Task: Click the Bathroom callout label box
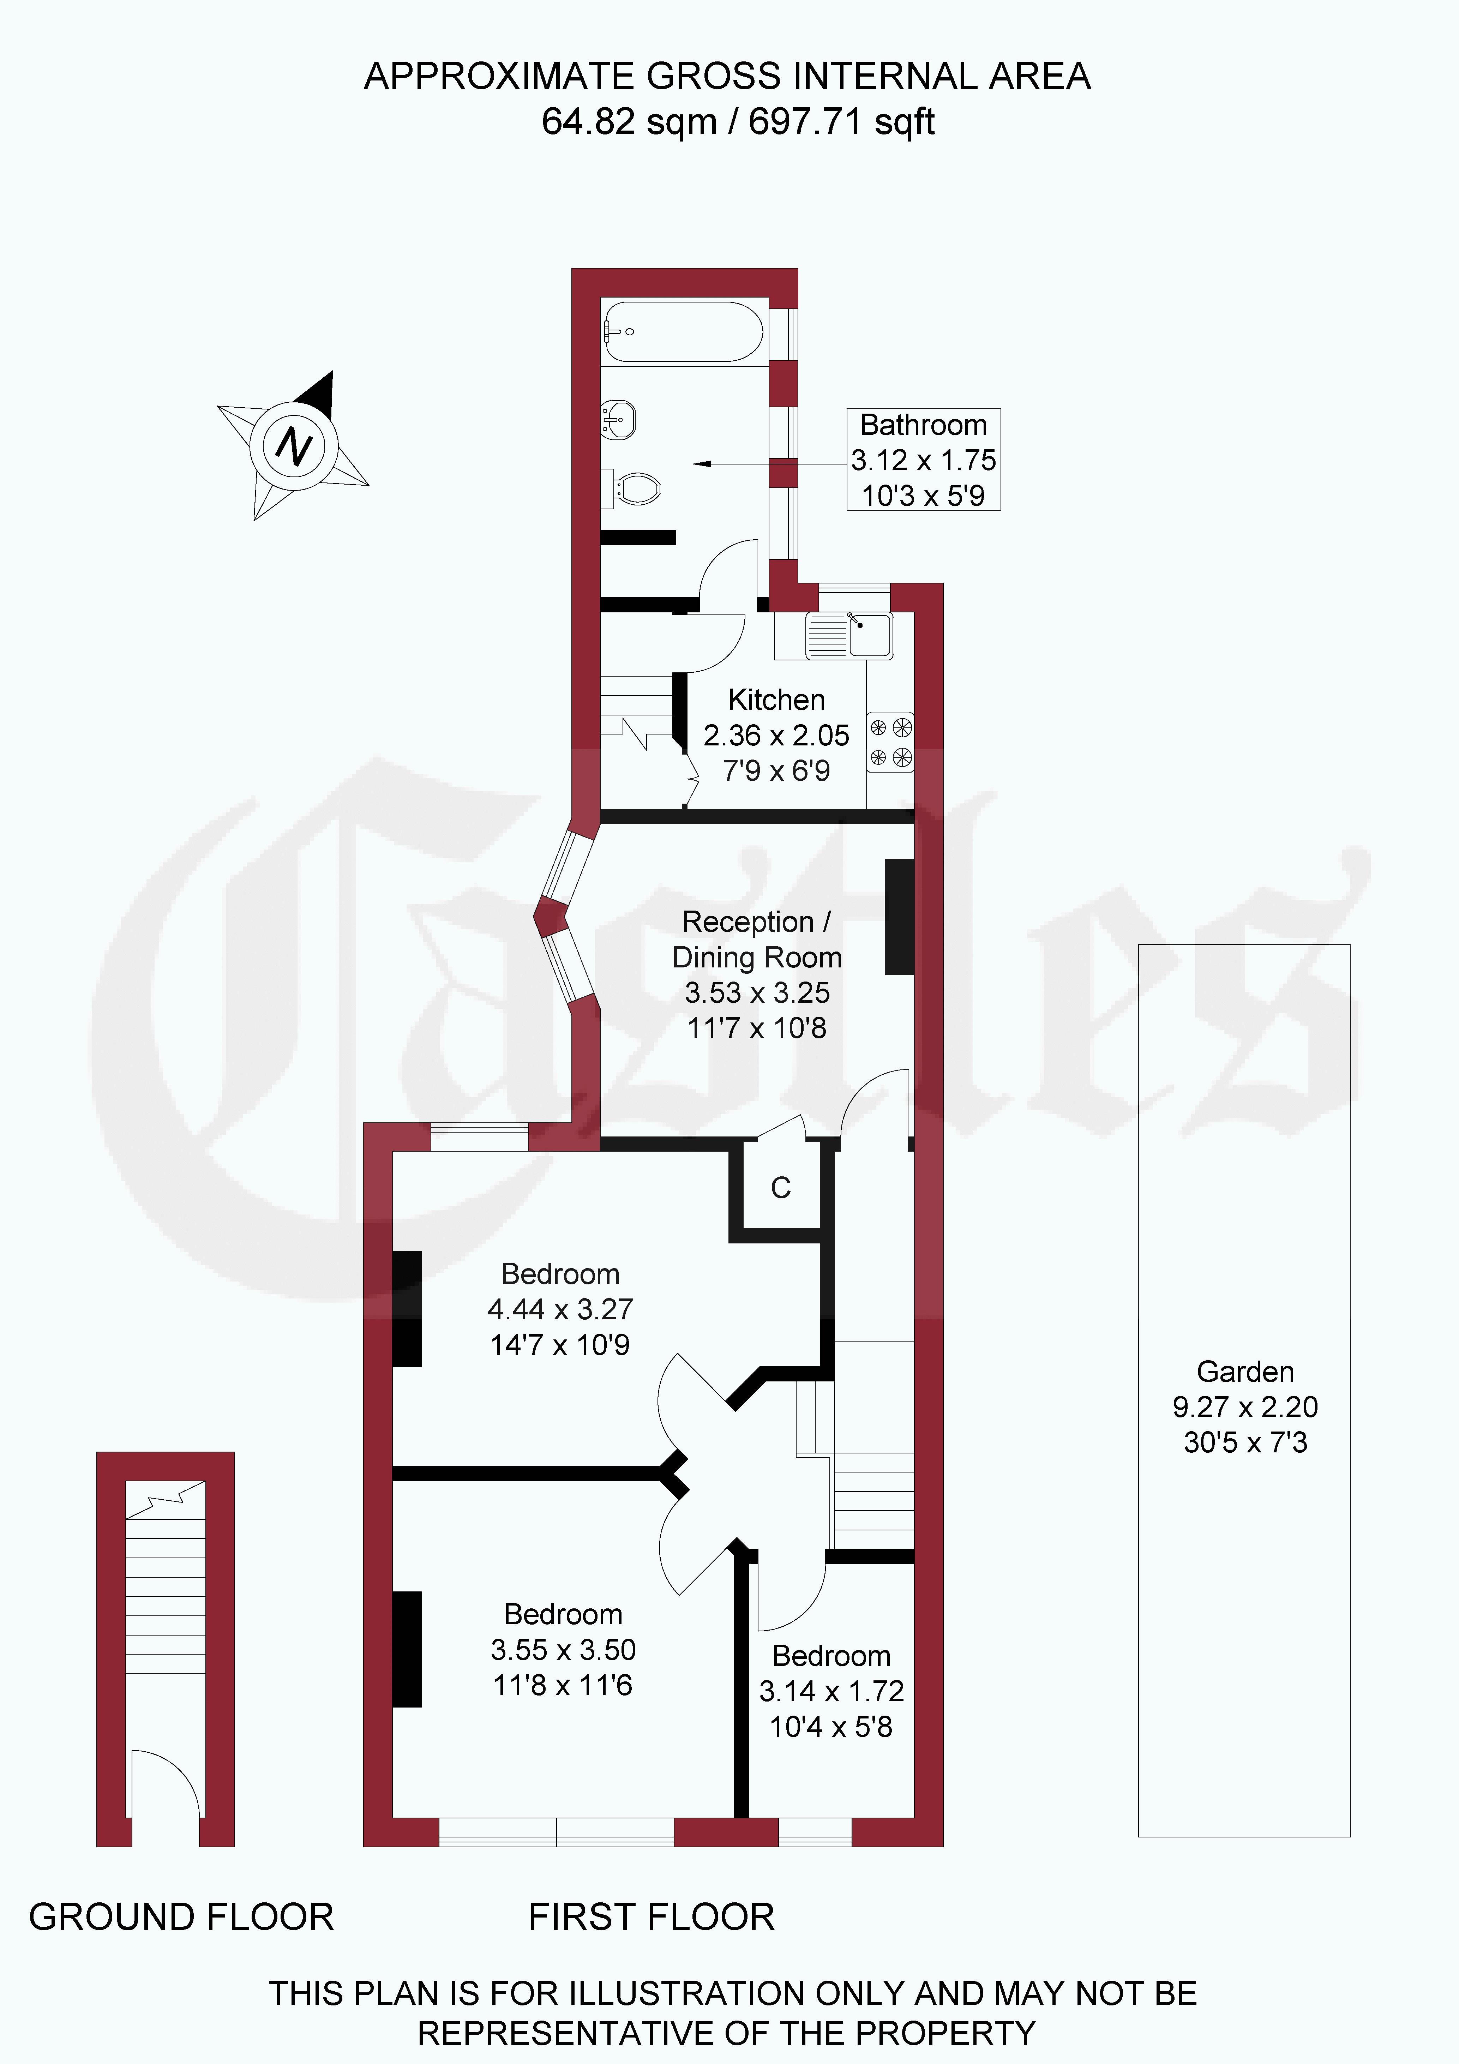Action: (x=923, y=460)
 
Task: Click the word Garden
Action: (x=1245, y=1372)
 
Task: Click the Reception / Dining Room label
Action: (x=757, y=940)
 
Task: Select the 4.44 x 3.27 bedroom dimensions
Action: (x=560, y=1310)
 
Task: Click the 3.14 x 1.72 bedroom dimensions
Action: (x=831, y=1692)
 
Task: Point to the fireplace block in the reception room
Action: (x=900, y=917)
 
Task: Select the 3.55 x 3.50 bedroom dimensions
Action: (x=564, y=1650)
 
